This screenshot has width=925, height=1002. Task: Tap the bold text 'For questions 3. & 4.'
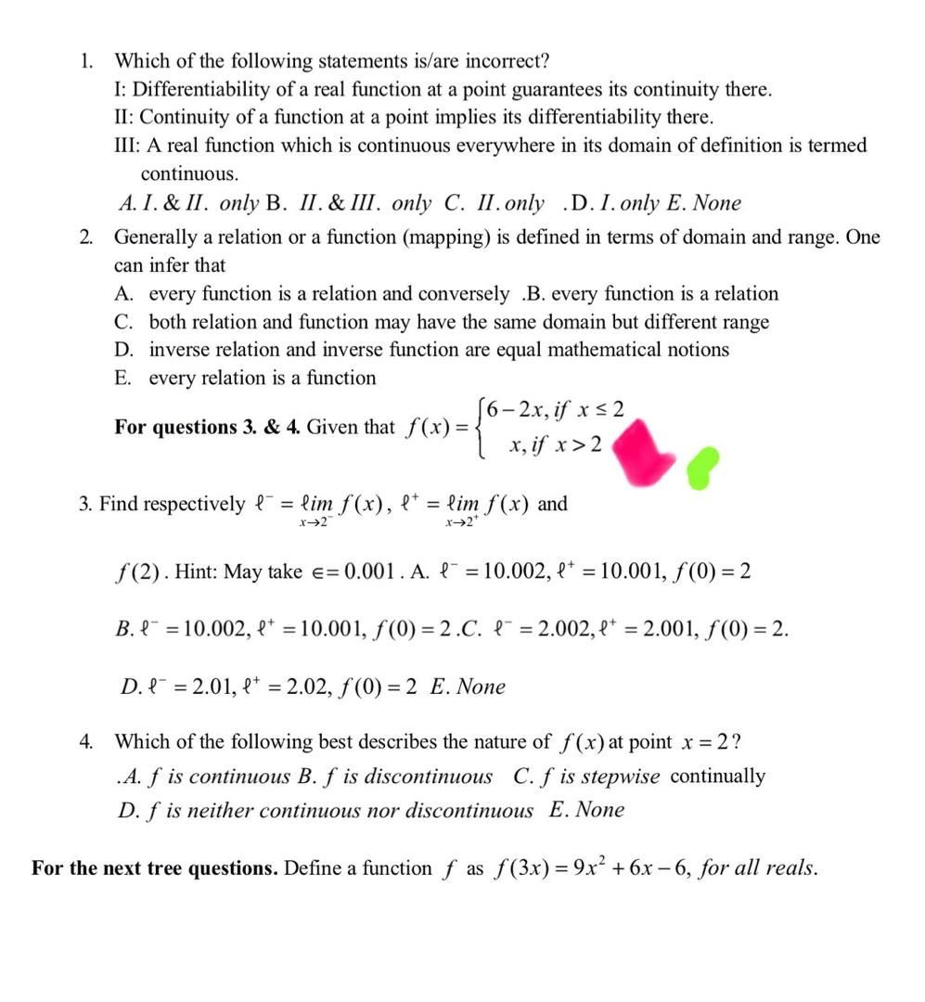[x=208, y=428]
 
